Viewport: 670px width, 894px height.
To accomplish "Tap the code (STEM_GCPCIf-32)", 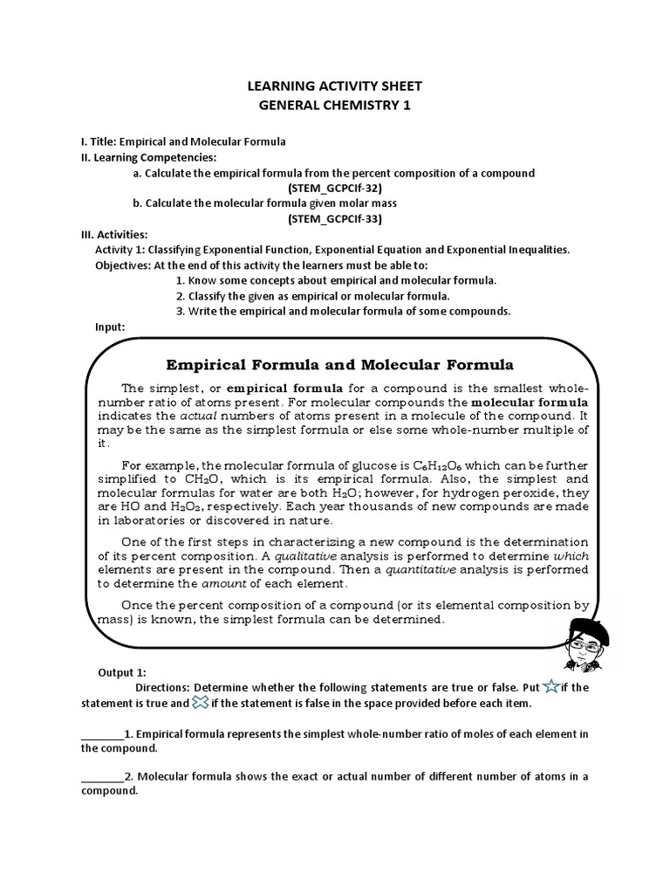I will (x=335, y=188).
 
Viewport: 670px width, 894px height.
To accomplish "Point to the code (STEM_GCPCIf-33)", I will (x=335, y=218).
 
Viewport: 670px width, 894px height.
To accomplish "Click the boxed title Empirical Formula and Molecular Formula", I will (x=340, y=364).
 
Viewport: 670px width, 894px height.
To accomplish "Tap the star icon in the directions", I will (x=551, y=686).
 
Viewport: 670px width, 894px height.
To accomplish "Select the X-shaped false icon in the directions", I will (x=200, y=702).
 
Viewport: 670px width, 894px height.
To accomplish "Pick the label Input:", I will (x=110, y=327).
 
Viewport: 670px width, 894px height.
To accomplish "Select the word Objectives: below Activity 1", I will (x=123, y=265).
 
